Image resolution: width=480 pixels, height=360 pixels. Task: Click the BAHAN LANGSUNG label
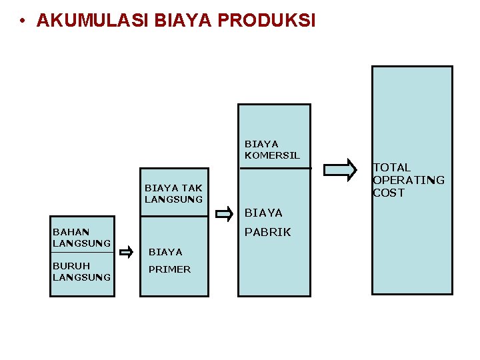point(81,238)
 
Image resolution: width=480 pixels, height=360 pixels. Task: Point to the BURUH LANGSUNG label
point(81,271)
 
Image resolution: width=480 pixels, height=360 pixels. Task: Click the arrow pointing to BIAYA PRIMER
point(127,251)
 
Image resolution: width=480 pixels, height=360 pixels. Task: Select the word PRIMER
point(169,269)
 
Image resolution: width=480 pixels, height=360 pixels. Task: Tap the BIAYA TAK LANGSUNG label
point(173,193)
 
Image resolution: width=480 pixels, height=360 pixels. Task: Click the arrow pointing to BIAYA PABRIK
point(225,214)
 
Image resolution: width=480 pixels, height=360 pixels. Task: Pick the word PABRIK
point(268,233)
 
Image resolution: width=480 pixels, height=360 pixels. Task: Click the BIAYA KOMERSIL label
point(272,149)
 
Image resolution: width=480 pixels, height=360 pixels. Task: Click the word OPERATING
point(409,180)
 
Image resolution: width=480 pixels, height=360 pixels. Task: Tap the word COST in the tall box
point(389,193)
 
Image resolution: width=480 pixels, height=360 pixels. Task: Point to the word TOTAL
point(392,167)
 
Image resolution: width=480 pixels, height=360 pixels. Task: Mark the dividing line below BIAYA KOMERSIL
point(275,168)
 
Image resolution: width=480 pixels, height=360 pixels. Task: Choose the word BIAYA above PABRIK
point(263,213)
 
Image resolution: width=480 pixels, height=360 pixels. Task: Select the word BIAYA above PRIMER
point(165,252)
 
